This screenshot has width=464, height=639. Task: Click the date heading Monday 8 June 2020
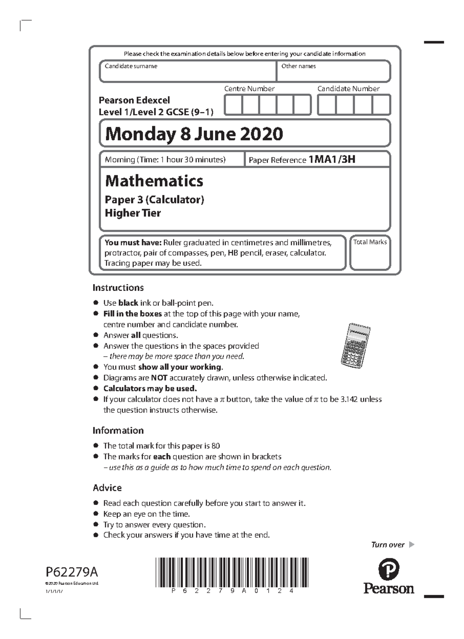click(194, 134)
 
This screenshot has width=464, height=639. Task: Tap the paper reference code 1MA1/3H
click(331, 159)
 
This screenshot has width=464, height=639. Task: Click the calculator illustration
click(355, 345)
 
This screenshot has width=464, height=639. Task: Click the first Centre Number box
click(233, 105)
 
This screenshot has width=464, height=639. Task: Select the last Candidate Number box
click(381, 105)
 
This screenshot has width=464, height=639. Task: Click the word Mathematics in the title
click(154, 181)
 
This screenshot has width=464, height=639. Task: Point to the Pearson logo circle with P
click(389, 569)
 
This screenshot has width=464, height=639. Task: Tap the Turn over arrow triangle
click(411, 545)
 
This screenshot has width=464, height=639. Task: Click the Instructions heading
click(118, 288)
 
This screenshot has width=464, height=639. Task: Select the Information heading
click(118, 430)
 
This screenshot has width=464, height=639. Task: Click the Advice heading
click(107, 487)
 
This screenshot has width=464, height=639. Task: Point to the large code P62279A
click(72, 571)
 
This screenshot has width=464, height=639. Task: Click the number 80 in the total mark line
click(215, 446)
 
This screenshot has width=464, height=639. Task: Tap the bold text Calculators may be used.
click(150, 389)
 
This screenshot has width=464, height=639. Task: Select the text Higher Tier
click(133, 213)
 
